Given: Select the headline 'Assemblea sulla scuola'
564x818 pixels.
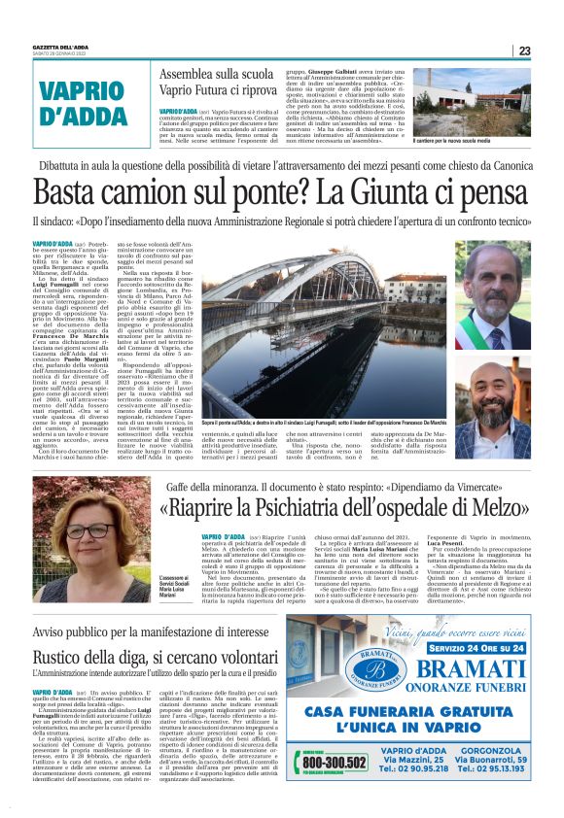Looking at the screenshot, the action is point(220,79).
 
